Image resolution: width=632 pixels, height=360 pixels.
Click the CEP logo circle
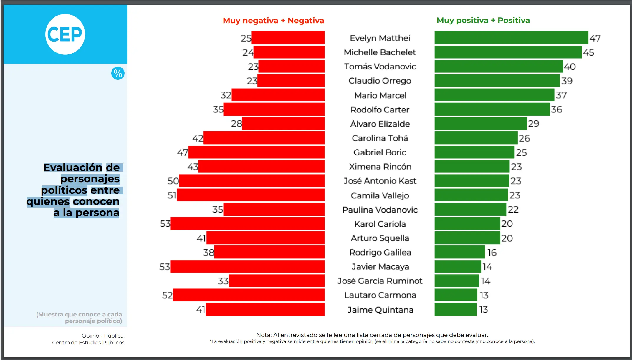point(65,34)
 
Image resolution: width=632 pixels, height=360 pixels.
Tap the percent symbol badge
point(118,73)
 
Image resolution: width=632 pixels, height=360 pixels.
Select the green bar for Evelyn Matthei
point(511,38)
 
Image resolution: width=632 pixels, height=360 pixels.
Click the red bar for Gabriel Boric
point(256,152)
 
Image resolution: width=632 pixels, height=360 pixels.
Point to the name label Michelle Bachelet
point(380,52)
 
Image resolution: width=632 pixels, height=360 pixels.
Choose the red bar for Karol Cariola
point(247,224)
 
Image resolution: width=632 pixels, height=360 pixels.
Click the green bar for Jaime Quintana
point(455,309)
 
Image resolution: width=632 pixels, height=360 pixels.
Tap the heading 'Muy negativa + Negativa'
point(273,21)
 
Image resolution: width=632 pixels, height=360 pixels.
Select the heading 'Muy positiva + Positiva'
point(483,20)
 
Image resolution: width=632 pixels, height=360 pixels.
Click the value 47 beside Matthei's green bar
point(595,38)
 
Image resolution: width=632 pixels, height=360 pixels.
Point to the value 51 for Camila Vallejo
point(172,195)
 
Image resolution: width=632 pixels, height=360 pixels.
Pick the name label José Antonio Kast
point(380,181)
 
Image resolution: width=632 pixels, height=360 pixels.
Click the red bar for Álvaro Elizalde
point(283,124)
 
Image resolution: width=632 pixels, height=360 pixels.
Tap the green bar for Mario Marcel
point(494,95)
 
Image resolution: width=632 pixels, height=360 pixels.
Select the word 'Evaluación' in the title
point(73,167)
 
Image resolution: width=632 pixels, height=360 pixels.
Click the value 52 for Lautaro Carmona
point(167,295)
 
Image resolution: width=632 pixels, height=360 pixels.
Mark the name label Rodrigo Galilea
point(380,252)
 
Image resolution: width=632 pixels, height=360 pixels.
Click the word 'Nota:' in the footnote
point(264,335)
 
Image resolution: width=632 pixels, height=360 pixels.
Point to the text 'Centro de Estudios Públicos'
point(88,343)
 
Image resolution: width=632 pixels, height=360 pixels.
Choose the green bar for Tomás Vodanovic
point(499,67)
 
